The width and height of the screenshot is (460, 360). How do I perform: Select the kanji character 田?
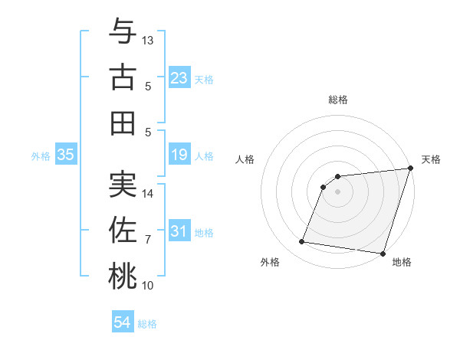tap(123, 123)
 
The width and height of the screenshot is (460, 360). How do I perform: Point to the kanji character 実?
tap(123, 184)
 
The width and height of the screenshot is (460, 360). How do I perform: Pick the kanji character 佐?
tap(123, 230)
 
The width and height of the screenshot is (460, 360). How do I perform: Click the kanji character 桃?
tap(123, 276)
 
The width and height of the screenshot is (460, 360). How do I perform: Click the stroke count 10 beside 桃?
tap(148, 286)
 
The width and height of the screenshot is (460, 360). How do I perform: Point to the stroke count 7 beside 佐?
tap(148, 240)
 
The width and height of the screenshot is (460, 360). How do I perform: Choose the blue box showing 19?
tap(179, 155)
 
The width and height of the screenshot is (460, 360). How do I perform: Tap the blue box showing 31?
tap(179, 231)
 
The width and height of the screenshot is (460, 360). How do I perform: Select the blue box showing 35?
tap(65, 155)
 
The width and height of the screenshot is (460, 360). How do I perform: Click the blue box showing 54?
tap(122, 322)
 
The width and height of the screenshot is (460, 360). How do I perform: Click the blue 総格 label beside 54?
tap(147, 324)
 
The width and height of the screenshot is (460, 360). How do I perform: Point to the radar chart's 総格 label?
tap(337, 100)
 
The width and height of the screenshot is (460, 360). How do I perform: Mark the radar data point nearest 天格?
tap(410, 169)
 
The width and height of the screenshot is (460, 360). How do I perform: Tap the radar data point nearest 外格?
tap(302, 242)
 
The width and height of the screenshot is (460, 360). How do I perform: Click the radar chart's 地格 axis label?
tap(402, 263)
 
